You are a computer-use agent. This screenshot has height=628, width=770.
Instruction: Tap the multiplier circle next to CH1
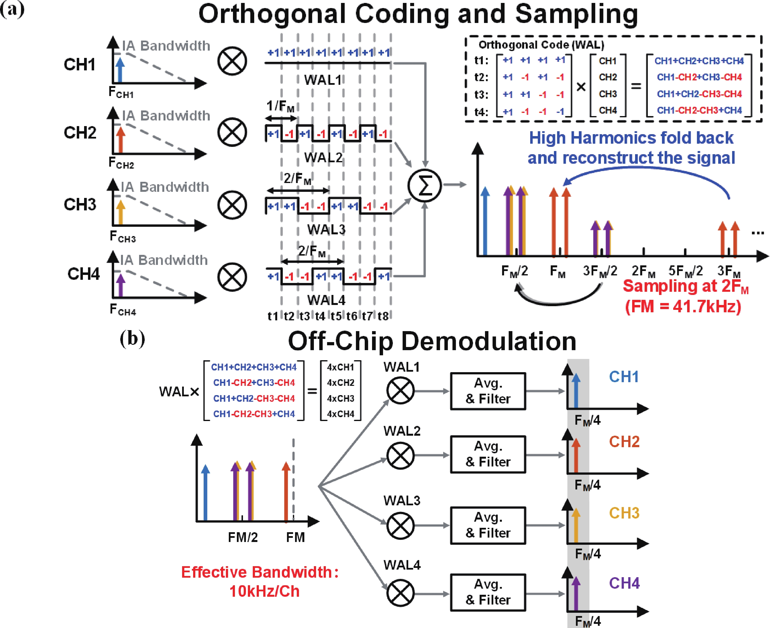pos(232,61)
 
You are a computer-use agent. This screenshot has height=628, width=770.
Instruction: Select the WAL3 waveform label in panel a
pos(326,229)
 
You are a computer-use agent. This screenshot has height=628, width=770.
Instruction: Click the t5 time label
pos(336,316)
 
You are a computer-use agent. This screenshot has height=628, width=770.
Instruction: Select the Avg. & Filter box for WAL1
pos(488,391)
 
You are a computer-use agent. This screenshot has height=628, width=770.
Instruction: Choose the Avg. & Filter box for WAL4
pos(488,592)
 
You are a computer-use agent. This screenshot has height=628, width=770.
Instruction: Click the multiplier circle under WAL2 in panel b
pos(400,455)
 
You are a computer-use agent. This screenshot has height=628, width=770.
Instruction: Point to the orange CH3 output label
pos(624,513)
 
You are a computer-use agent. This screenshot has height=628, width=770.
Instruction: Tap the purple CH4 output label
pos(624,583)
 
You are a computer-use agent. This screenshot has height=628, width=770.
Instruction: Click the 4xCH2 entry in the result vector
pos(341,383)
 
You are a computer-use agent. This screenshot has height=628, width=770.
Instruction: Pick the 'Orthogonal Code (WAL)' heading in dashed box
pos(541,45)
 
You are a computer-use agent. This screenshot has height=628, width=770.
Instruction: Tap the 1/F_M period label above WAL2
pos(280,106)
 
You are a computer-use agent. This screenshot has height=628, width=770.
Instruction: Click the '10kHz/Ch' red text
pos(264,591)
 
